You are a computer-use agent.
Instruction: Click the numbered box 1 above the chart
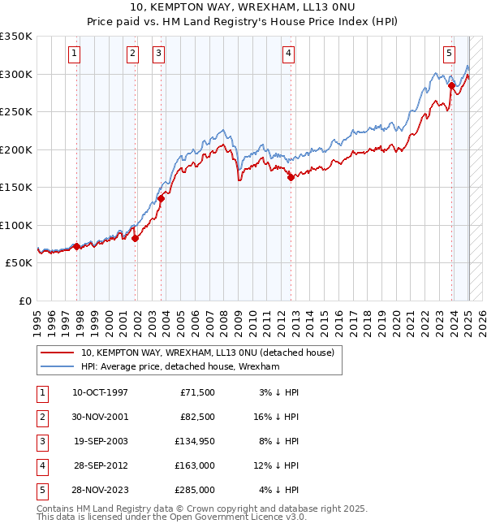pyautogui.click(x=74, y=54)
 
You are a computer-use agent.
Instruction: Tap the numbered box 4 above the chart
pyautogui.click(x=288, y=54)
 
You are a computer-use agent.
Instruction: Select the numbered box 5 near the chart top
pyautogui.click(x=449, y=54)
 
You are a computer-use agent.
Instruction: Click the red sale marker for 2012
pyautogui.click(x=291, y=179)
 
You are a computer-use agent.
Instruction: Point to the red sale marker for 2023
pyautogui.click(x=450, y=84)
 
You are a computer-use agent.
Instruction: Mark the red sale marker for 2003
pyautogui.click(x=162, y=198)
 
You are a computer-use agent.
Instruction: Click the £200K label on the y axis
pyautogui.click(x=15, y=149)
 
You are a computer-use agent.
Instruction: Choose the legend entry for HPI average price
pyautogui.click(x=179, y=367)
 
